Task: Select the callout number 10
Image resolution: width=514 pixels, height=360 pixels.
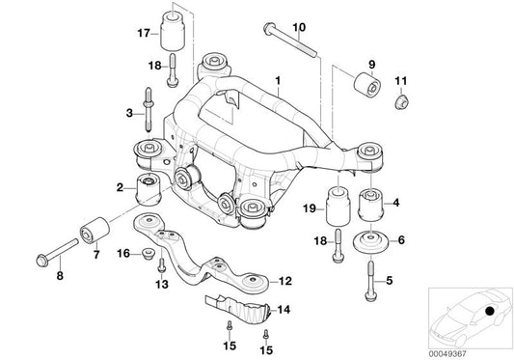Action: tap(270, 26)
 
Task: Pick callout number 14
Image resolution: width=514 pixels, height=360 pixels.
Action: tap(283, 311)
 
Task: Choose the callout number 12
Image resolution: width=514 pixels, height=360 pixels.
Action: tap(285, 282)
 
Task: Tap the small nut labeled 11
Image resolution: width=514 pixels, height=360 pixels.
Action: tap(402, 99)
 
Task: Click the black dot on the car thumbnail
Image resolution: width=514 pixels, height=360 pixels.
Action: tap(492, 312)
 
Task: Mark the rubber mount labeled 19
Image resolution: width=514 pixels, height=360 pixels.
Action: tap(338, 206)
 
